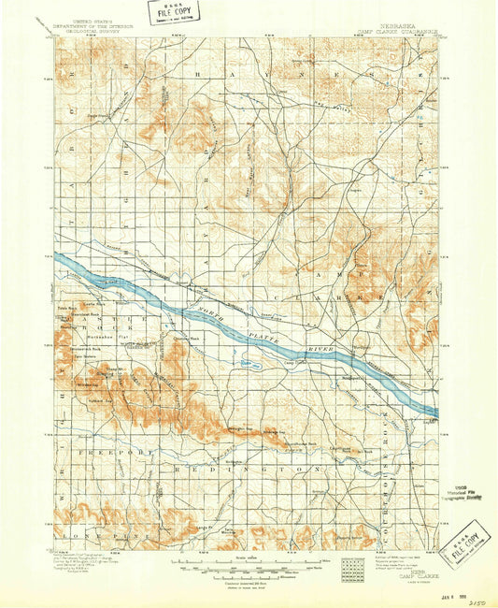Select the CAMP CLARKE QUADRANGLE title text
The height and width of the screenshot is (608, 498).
tap(397, 33)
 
